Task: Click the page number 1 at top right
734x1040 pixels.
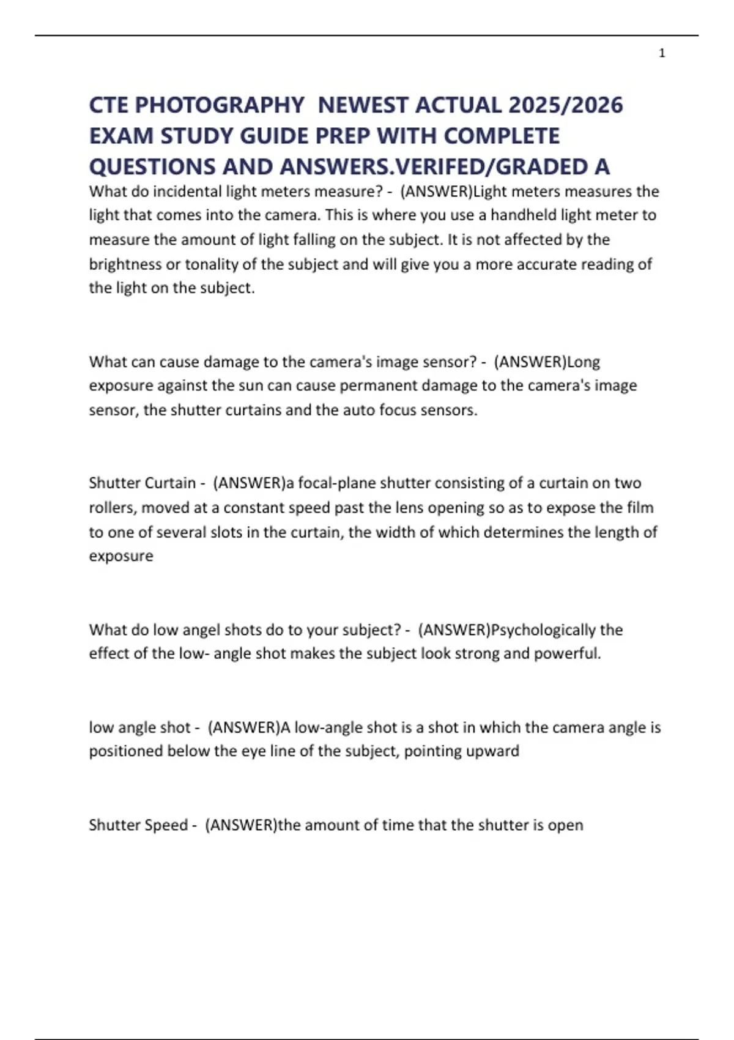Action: coord(662,53)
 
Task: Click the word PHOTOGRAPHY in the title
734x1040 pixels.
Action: coord(219,105)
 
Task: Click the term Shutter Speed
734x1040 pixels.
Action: coord(138,825)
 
